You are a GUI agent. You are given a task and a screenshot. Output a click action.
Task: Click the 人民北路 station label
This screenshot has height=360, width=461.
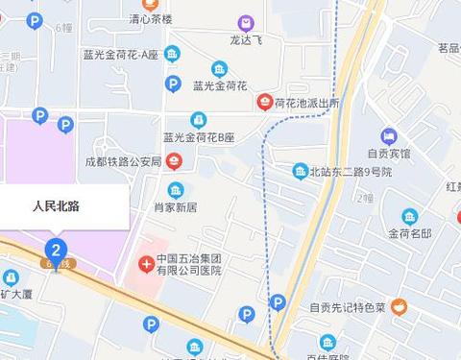55,204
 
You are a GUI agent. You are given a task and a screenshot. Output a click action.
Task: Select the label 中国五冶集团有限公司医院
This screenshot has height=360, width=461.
189,265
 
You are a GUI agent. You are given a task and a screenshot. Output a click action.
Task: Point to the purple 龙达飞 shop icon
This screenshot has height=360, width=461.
247,23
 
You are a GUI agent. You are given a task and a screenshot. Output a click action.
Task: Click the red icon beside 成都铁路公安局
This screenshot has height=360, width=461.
173,160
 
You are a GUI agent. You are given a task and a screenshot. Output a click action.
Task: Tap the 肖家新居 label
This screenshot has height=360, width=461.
175,206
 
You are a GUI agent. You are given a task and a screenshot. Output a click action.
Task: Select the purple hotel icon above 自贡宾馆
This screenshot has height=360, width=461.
388,135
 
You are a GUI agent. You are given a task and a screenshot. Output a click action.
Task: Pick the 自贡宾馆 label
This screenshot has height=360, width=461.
388,154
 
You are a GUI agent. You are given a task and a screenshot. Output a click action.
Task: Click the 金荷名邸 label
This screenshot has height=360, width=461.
409,233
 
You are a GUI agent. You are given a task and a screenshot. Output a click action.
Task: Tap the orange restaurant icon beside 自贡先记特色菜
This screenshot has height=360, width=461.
399,307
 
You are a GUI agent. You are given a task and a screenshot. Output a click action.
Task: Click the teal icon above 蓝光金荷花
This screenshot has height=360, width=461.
220,69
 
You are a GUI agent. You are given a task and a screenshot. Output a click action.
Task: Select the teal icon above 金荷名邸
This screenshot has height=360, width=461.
409,216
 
